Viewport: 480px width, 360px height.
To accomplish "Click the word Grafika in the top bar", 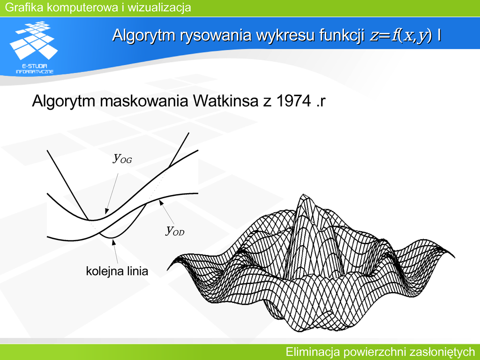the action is (x=24, y=7).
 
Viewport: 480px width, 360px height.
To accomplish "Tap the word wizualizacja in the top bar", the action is (x=159, y=7).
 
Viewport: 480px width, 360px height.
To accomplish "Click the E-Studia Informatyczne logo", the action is (x=34, y=47).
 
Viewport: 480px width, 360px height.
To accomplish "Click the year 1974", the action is (x=293, y=101).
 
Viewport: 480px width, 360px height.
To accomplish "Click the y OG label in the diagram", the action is (x=122, y=158).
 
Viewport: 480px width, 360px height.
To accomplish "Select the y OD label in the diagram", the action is (x=175, y=230).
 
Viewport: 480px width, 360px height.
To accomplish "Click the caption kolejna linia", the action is (x=117, y=271).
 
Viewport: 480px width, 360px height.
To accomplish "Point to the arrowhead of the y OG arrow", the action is (x=106, y=211).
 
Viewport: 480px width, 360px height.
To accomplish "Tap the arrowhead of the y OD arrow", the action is (x=160, y=202).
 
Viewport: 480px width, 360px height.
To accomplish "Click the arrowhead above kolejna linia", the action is (x=113, y=242).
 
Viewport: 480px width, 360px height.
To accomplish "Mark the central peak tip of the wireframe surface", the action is (x=303, y=195).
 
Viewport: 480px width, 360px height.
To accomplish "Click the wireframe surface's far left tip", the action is (x=167, y=270).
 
